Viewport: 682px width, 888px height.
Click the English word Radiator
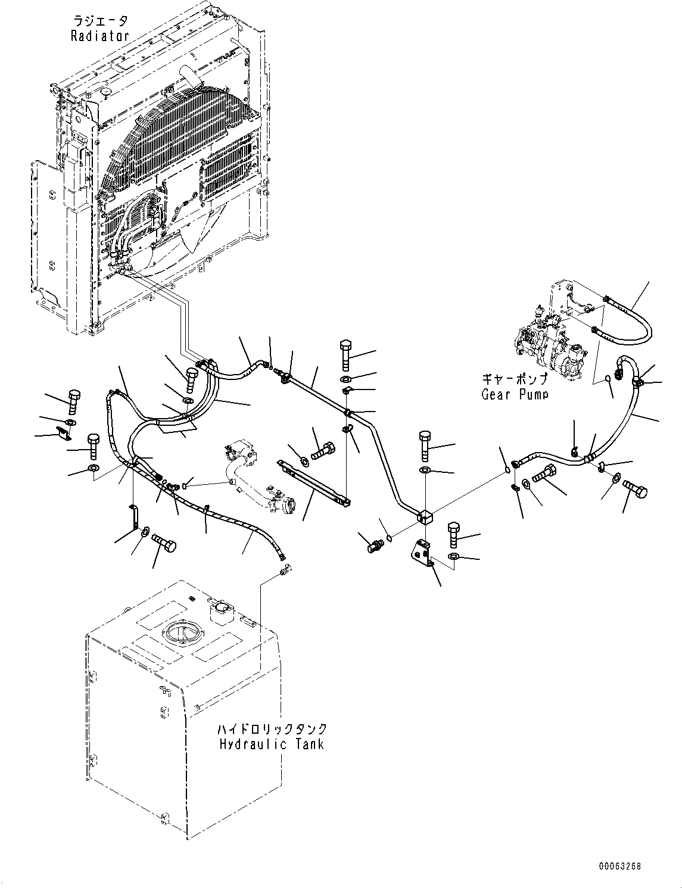(x=100, y=36)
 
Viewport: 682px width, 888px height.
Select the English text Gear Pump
(x=515, y=394)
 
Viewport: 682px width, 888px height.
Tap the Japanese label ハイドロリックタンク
(x=272, y=729)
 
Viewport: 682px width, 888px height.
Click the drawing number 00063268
(x=621, y=867)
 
